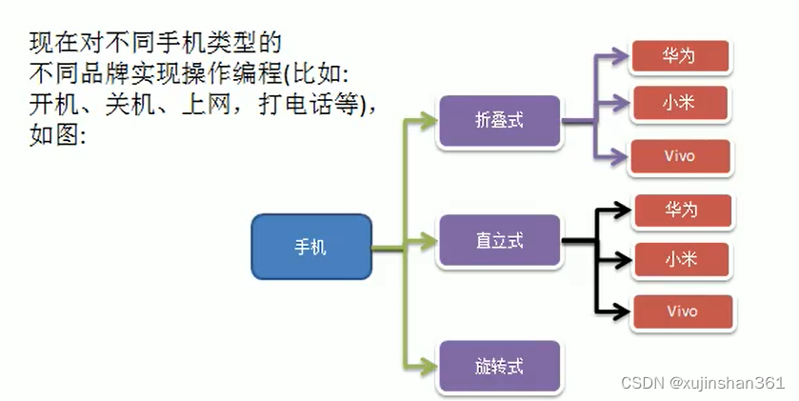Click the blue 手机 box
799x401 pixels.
pyautogui.click(x=310, y=247)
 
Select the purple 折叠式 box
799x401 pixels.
pyautogui.click(x=499, y=121)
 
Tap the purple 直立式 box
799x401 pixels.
pyautogui.click(x=499, y=240)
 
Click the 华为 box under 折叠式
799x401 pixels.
pyautogui.click(x=680, y=56)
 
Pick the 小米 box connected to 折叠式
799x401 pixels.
pyautogui.click(x=680, y=102)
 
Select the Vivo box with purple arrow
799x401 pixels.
pyautogui.click(x=680, y=156)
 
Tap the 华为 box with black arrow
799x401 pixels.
pyautogui.click(x=682, y=210)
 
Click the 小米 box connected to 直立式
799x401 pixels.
pyautogui.click(x=682, y=258)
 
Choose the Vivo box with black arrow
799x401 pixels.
pyautogui.click(x=682, y=311)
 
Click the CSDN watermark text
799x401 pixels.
pyautogui.click(x=642, y=383)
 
